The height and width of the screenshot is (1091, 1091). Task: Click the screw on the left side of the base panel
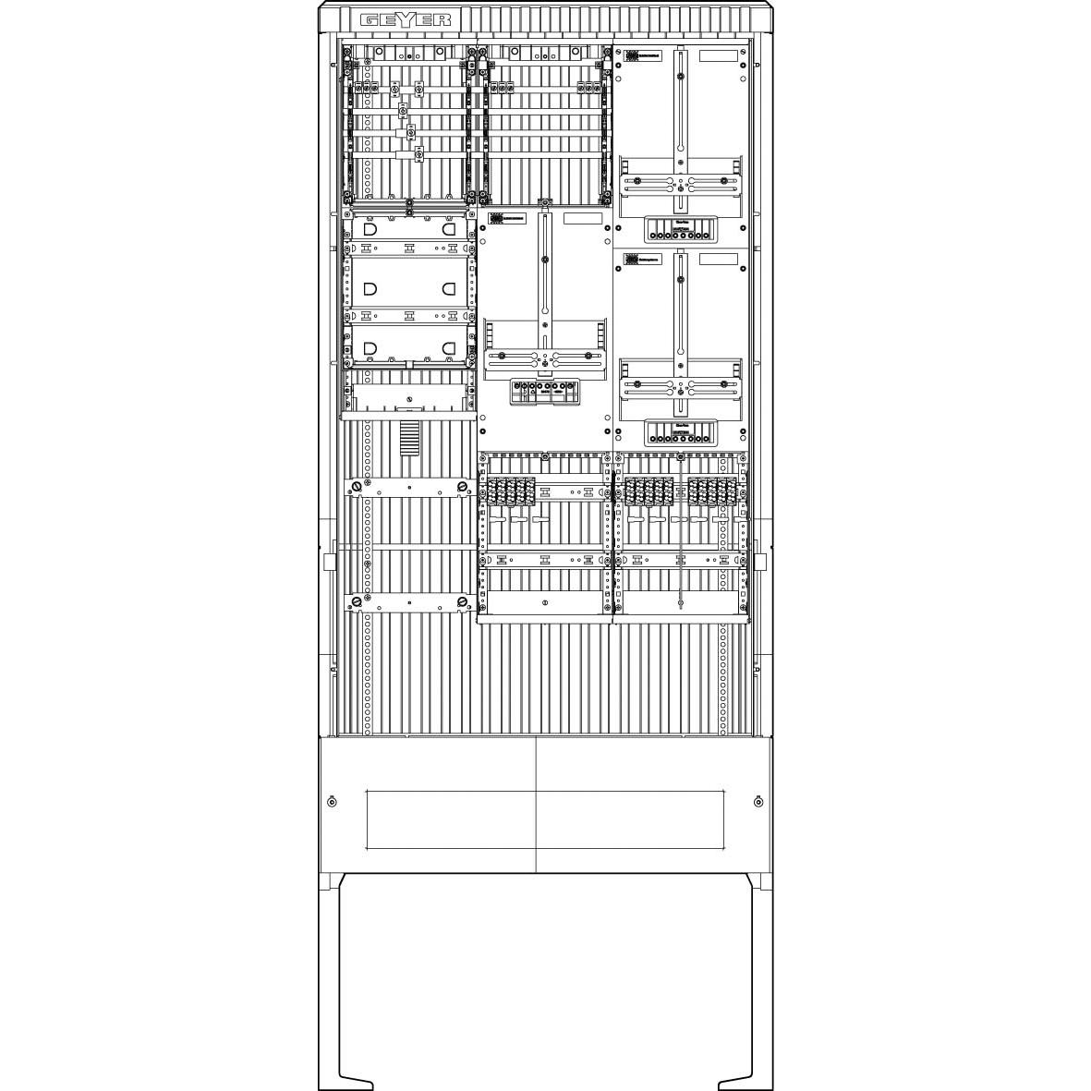pyautogui.click(x=332, y=801)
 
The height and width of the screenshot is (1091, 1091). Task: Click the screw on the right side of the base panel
pyautogui.click(x=758, y=801)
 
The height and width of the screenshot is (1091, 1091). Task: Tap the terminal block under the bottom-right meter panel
pyautogui.click(x=680, y=430)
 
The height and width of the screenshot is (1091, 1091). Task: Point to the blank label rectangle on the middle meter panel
pyautogui.click(x=582, y=220)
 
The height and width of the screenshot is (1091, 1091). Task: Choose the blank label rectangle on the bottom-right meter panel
pyautogui.click(x=718, y=260)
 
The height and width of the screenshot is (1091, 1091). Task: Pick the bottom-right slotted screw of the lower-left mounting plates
pyautogui.click(x=462, y=603)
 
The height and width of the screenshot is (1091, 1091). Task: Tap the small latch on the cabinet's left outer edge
pyautogui.click(x=328, y=562)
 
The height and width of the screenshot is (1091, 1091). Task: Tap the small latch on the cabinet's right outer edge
pyautogui.click(x=761, y=562)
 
